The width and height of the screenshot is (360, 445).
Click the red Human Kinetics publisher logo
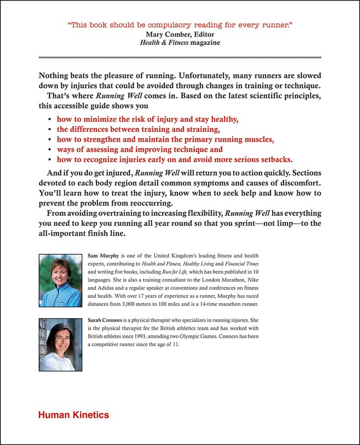point(74,415)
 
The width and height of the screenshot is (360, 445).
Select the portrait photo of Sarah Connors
point(60,343)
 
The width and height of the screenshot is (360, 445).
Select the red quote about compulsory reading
point(179,25)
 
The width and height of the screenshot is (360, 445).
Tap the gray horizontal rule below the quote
point(179,57)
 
